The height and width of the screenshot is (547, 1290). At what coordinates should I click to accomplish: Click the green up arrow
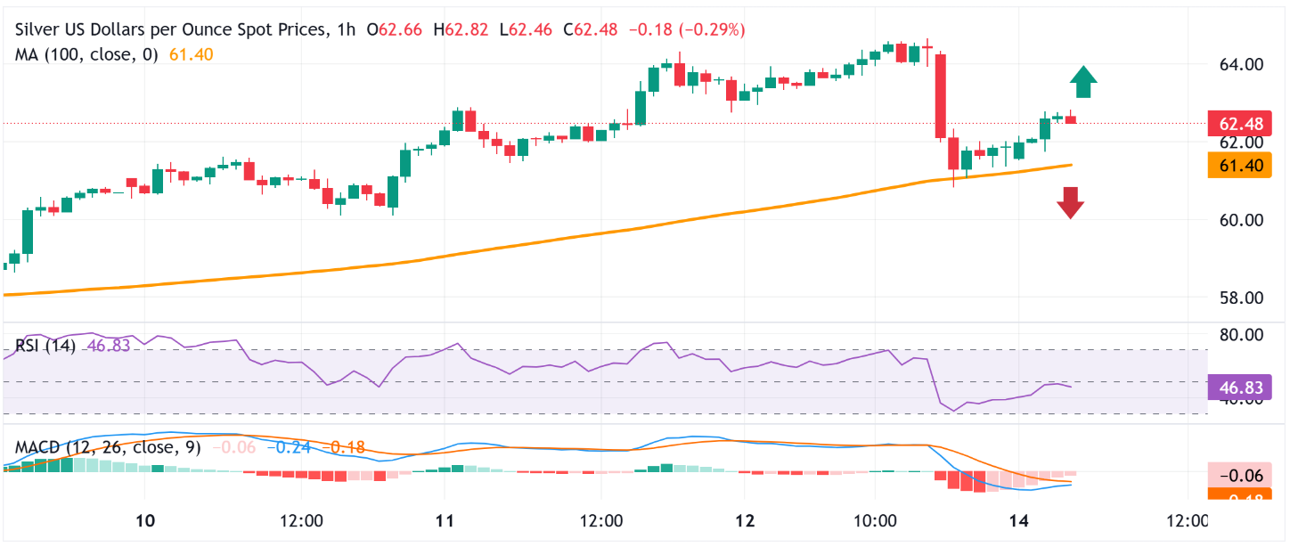click(1083, 82)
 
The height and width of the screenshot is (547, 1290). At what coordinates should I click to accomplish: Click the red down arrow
click(1070, 203)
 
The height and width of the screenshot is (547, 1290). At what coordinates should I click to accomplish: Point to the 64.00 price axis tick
click(1240, 64)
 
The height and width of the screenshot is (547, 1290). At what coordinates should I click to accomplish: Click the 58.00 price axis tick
click(1240, 298)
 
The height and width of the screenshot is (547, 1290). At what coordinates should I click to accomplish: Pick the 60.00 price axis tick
click(1240, 220)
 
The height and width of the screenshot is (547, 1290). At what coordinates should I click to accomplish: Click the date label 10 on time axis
click(147, 520)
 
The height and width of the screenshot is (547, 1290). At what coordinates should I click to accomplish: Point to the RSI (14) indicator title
click(45, 346)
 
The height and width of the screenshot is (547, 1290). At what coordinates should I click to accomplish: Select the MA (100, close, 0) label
click(86, 54)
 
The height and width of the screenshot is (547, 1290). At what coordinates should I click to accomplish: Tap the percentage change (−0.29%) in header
click(712, 30)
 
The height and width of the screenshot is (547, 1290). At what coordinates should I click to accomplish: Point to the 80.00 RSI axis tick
click(1240, 335)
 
